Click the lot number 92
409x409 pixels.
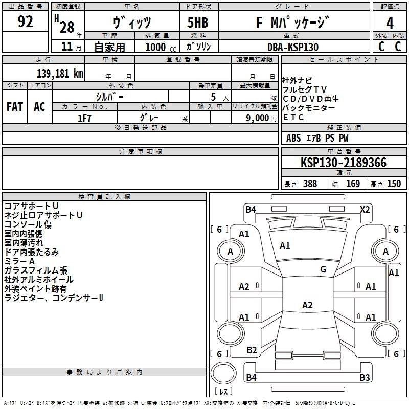click(25, 22)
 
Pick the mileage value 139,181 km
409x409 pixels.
click(60, 73)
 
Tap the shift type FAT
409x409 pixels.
click(14, 107)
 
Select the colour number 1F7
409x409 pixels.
click(84, 118)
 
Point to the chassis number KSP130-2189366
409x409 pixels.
click(343, 163)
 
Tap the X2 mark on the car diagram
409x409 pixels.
click(365, 209)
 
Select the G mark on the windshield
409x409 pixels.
click(323, 269)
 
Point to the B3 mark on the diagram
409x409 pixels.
click(364, 378)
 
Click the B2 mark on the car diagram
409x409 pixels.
click(252, 350)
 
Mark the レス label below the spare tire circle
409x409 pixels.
click(224, 392)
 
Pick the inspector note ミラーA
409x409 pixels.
click(19, 261)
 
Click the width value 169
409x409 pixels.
click(353, 184)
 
